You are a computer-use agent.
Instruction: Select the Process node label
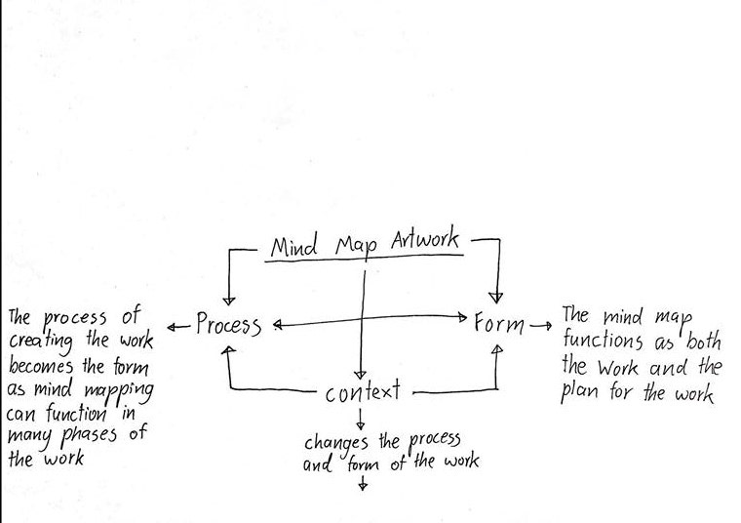point(228,324)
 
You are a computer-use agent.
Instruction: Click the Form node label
point(499,322)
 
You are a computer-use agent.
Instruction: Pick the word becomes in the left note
point(43,367)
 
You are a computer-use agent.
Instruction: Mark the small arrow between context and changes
point(362,420)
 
